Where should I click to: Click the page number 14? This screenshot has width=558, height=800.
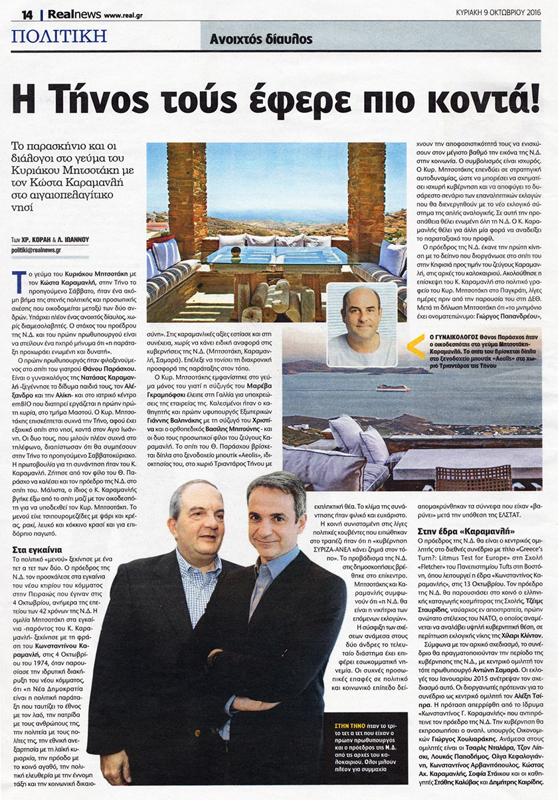pyautogui.click(x=28, y=15)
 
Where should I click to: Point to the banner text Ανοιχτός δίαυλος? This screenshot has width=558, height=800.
pyautogui.click(x=260, y=39)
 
